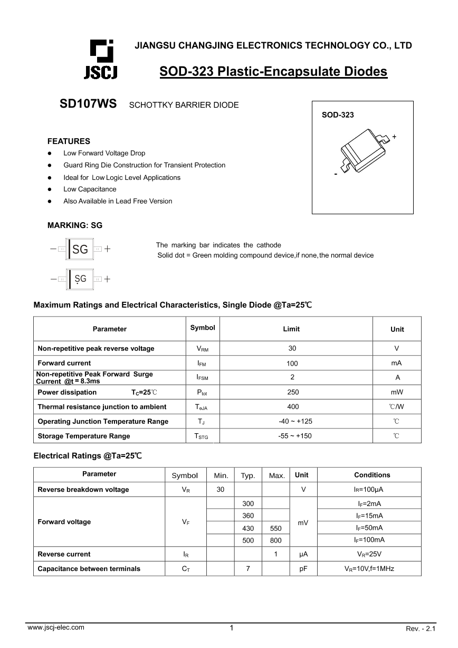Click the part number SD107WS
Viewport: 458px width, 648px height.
click(88, 104)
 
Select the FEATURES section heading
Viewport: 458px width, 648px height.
click(69, 141)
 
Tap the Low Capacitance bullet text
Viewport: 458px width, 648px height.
click(90, 189)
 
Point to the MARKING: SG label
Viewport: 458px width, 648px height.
click(75, 225)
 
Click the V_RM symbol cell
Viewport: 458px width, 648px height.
click(202, 349)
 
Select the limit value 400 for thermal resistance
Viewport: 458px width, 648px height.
click(293, 407)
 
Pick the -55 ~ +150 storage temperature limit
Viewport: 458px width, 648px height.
click(294, 436)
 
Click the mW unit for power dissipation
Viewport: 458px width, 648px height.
click(397, 392)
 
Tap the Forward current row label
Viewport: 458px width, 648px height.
click(64, 363)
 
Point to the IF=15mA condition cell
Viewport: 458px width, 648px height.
click(369, 516)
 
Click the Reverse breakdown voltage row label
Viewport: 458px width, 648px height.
click(83, 490)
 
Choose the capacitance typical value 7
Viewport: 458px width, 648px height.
click(247, 569)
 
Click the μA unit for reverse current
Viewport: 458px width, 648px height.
click(303, 554)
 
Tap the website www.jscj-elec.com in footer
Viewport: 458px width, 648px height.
click(55, 627)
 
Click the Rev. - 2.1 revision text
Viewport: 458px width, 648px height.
click(421, 628)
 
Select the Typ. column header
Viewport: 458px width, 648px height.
click(247, 475)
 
